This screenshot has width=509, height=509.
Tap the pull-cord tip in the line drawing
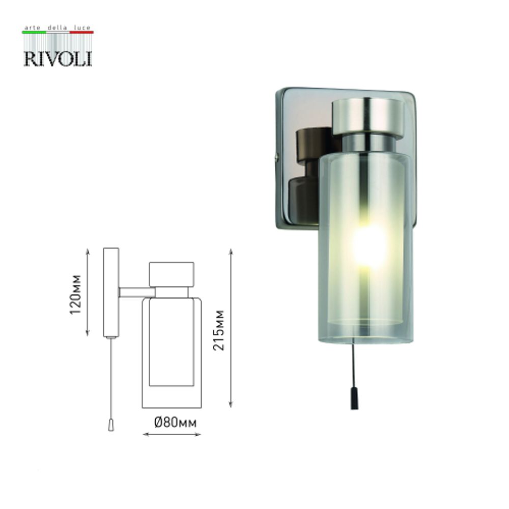click(111, 426)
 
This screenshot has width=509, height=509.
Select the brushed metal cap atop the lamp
click(367, 115)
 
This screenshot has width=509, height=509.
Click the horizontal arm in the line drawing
click(136, 292)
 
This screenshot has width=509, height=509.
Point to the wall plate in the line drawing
click(111, 293)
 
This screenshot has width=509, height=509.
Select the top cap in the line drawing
click(171, 274)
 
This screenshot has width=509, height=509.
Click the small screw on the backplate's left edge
click(277, 158)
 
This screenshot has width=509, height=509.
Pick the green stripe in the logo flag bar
click(34, 33)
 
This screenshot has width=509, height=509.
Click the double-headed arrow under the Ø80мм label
click(172, 434)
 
